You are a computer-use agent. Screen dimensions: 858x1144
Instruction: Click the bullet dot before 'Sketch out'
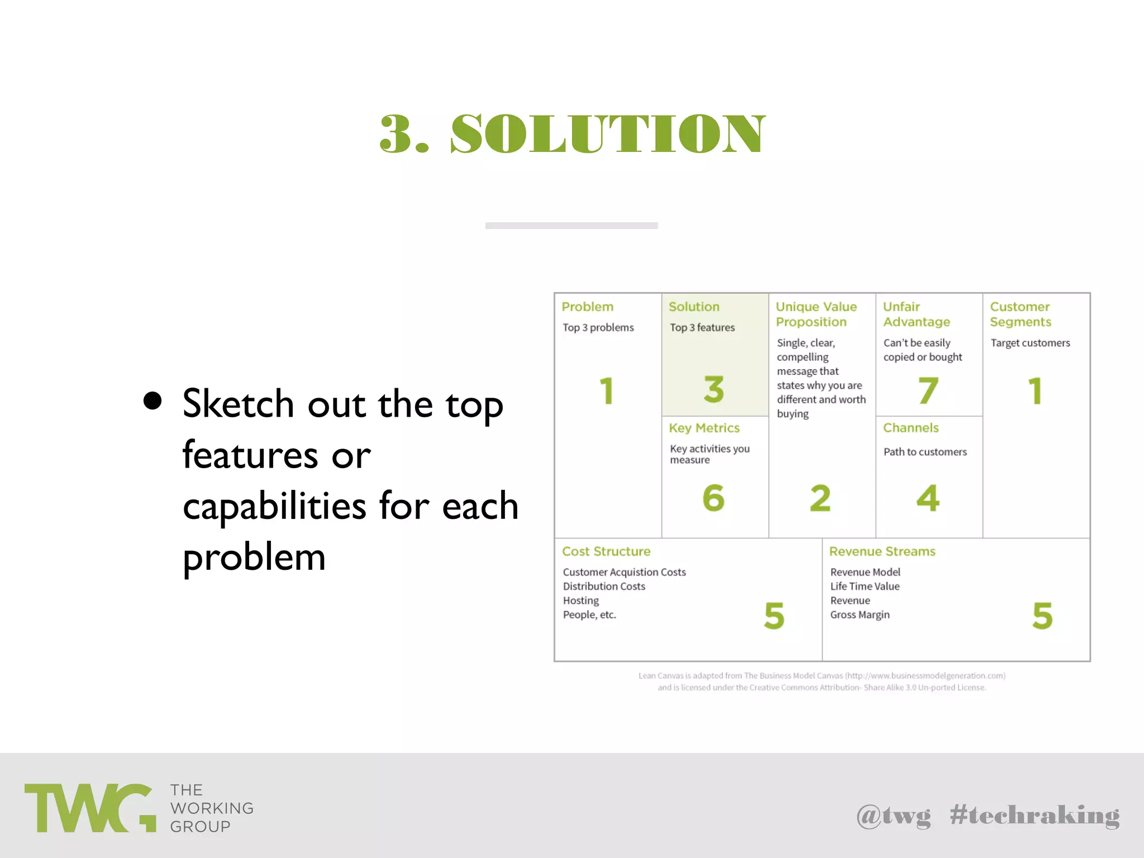tap(152, 401)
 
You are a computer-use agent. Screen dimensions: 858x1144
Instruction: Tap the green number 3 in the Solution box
tap(714, 389)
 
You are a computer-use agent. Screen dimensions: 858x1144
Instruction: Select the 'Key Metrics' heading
tap(704, 428)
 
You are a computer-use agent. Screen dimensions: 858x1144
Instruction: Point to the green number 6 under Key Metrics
tap(713, 498)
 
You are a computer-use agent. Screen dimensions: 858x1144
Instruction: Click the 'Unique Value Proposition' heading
tap(816, 314)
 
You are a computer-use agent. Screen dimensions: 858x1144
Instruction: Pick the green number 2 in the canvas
tap(820, 498)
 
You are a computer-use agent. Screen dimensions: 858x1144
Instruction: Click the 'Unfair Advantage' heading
tap(916, 314)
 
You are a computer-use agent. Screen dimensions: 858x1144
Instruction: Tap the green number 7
tap(928, 390)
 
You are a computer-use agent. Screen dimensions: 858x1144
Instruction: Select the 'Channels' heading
tap(911, 428)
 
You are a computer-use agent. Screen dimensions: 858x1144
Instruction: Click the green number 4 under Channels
tap(928, 498)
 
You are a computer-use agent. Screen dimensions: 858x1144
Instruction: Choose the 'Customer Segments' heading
tap(1020, 314)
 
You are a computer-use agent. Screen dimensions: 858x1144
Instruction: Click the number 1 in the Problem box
tap(607, 390)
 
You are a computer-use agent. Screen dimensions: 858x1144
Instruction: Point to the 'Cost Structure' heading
tap(606, 551)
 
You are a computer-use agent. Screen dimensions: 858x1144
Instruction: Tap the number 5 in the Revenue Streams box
tap(1042, 616)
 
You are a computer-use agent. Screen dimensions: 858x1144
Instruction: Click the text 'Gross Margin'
tap(860, 614)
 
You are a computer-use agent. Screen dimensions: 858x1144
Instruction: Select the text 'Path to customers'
tap(925, 452)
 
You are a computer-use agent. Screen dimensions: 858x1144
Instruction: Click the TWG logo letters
tap(89, 808)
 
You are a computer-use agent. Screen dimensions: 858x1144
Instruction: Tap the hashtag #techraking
tap(1035, 816)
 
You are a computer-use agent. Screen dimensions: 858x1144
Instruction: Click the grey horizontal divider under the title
tap(571, 226)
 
